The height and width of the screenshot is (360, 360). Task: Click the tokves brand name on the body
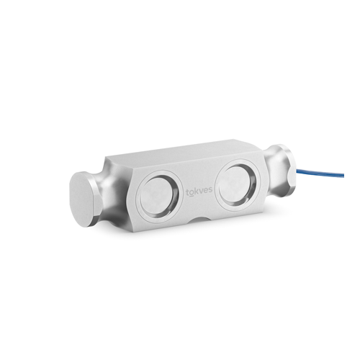tap(199, 192)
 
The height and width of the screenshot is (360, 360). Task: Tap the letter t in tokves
tap(188, 192)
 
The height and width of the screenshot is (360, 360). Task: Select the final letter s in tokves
tap(210, 190)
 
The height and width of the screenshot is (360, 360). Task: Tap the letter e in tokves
tap(206, 191)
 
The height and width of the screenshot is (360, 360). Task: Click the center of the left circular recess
tap(157, 197)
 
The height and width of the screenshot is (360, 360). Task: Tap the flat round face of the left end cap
tap(81, 199)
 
